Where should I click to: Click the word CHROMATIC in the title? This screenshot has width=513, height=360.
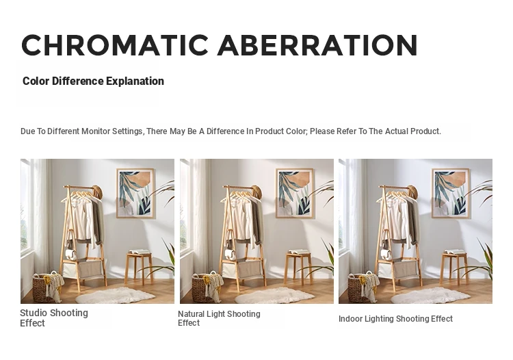115,45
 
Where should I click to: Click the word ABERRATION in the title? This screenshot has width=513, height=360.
317,45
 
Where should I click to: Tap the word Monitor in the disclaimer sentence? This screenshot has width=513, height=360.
96,131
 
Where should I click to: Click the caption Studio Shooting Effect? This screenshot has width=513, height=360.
54,318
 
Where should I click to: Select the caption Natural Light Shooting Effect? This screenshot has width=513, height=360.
219,318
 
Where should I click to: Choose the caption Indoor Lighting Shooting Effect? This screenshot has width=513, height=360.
395,319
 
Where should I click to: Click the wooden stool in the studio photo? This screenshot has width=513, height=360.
139,267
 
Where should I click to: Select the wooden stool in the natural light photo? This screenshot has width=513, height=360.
298,267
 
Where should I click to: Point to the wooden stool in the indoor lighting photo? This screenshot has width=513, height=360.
454,267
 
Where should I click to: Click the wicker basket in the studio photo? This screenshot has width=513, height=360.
45,287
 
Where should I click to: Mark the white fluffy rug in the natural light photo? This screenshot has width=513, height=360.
274,295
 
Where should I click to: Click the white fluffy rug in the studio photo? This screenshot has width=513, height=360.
115,295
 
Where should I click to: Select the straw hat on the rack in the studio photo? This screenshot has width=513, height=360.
97,192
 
